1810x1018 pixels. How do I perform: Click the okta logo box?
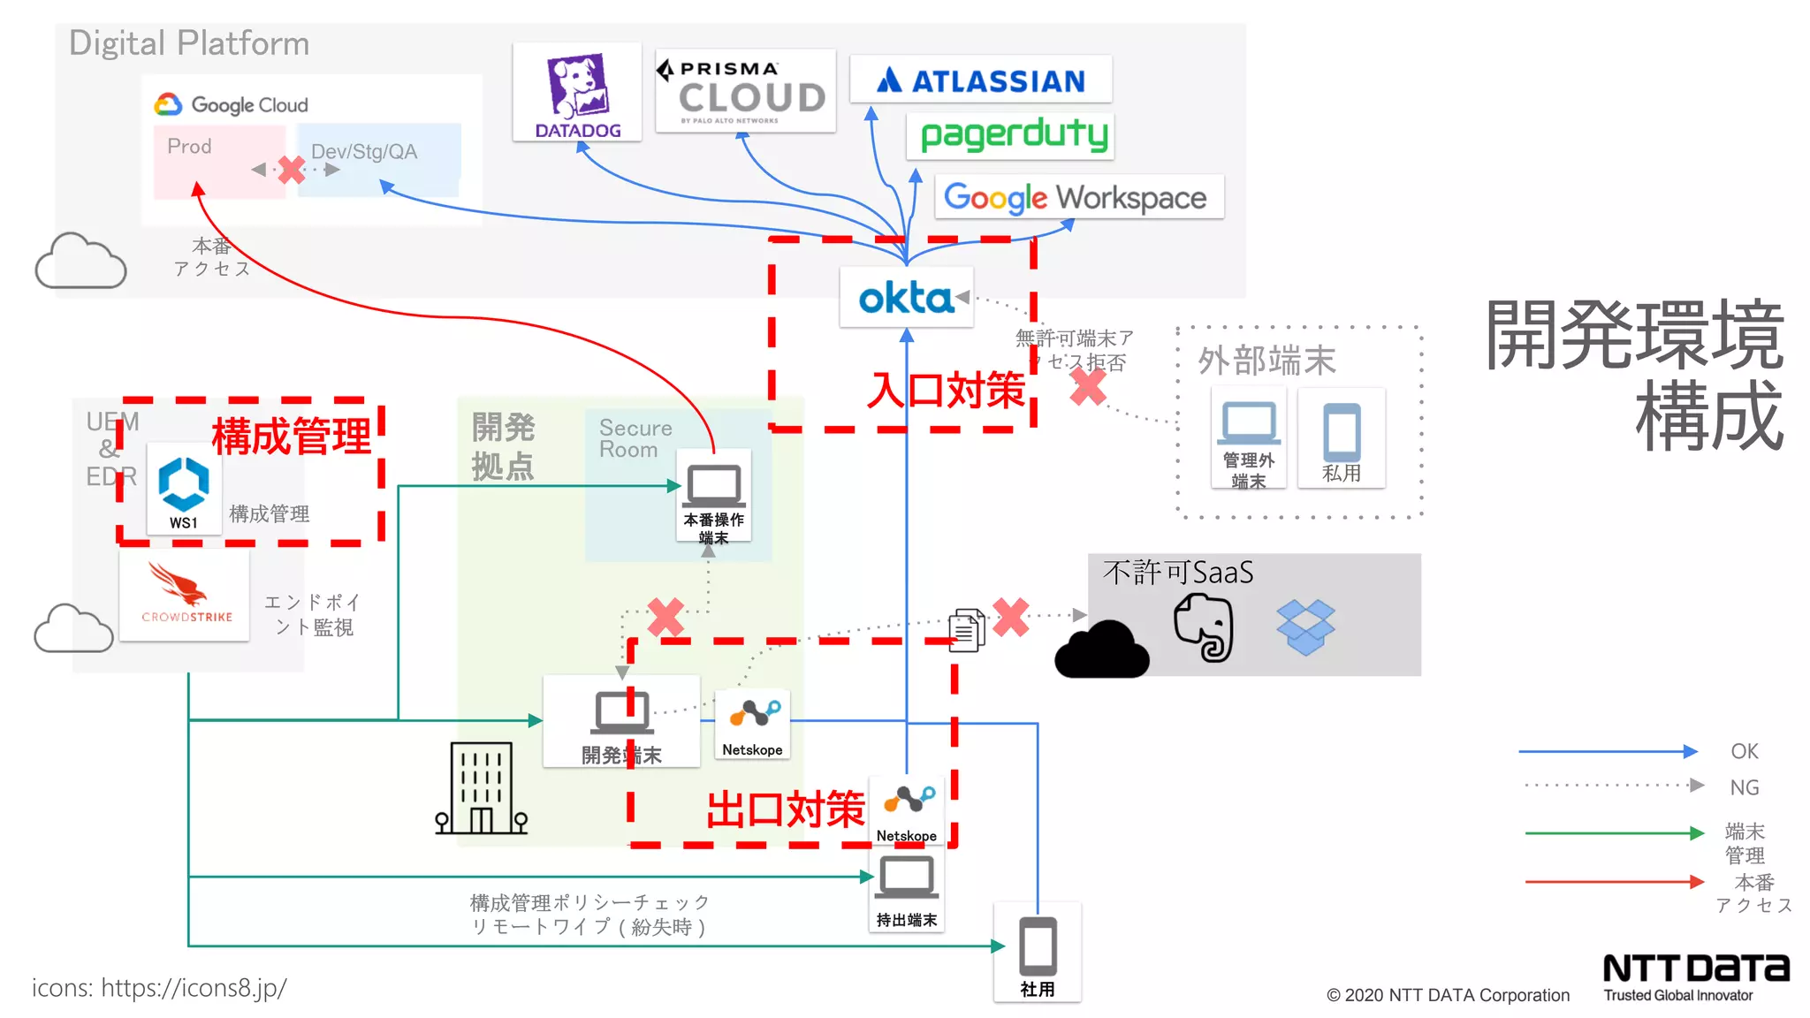(x=906, y=298)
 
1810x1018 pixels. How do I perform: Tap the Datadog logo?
(x=577, y=92)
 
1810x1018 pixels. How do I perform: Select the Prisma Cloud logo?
(x=745, y=91)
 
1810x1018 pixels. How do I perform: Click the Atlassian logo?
(x=980, y=80)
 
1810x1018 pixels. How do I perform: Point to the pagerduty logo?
(x=1013, y=135)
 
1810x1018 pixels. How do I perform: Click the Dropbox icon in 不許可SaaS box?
(x=1305, y=627)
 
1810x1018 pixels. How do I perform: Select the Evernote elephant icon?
(x=1205, y=627)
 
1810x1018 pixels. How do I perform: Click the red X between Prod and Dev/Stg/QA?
(x=291, y=169)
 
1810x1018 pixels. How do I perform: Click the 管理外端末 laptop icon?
(x=1248, y=423)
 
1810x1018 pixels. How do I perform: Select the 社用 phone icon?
(x=1038, y=945)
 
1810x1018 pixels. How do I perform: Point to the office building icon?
(x=481, y=788)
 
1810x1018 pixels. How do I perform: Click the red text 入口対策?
(x=946, y=391)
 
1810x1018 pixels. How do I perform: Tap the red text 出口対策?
(x=786, y=809)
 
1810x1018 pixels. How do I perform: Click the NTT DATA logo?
(x=1695, y=969)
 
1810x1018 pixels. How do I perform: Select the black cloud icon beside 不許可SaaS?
(x=1101, y=650)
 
